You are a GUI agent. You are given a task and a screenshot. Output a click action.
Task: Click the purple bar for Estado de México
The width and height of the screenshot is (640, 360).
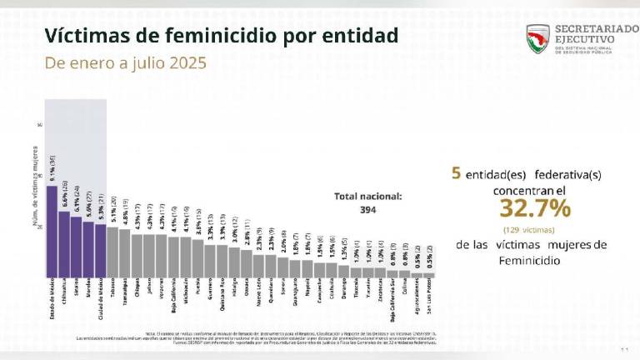tap(52, 231)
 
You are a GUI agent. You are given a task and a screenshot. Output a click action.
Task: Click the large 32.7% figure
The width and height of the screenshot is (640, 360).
tap(522, 207)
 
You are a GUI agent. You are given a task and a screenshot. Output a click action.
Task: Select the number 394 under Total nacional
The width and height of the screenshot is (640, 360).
tap(367, 210)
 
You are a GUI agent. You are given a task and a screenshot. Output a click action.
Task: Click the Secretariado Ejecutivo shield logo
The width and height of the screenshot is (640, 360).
tap(537, 38)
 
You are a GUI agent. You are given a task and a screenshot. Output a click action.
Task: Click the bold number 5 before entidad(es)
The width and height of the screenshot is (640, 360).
tap(456, 174)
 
